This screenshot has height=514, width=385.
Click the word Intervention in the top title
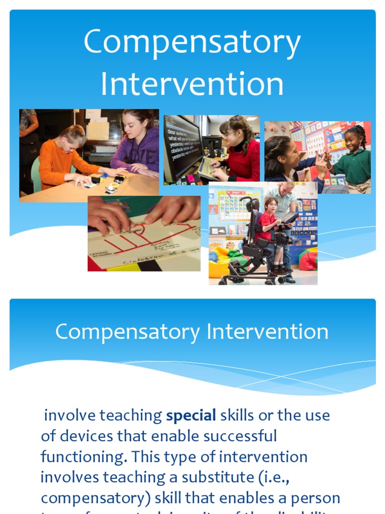192,84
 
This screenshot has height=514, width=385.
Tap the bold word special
191,416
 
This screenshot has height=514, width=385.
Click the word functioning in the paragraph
83,457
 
